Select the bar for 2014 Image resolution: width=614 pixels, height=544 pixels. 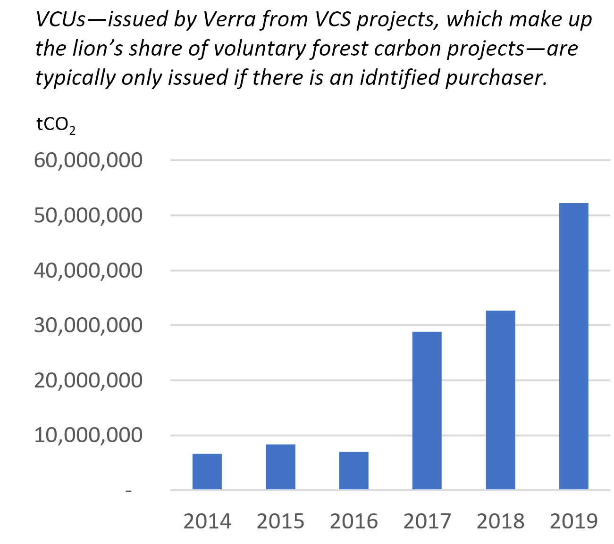tap(207, 471)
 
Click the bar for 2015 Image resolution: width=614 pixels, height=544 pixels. tap(280, 467)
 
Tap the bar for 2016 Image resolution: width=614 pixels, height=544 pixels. tap(353, 470)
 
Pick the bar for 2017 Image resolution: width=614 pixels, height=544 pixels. tap(427, 410)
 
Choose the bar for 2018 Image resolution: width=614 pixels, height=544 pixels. tap(500, 400)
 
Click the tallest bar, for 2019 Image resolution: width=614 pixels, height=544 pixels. tap(573, 346)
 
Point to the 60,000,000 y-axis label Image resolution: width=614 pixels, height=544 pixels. tap(88, 160)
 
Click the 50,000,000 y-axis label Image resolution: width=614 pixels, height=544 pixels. tap(88, 215)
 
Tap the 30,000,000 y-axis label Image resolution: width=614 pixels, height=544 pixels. tap(88, 325)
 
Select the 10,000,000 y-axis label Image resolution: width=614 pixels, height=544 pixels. tap(88, 435)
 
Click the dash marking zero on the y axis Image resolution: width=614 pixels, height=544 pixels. tap(128, 491)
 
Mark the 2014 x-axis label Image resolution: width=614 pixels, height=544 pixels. tap(207, 521)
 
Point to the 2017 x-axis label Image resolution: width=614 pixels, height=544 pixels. tap(427, 521)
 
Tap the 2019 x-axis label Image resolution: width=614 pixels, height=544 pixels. tap(574, 521)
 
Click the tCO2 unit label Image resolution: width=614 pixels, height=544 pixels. tap(56, 125)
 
